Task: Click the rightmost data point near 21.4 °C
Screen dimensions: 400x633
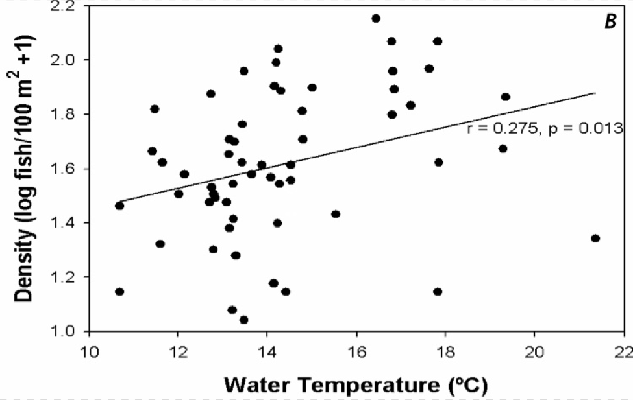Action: pyautogui.click(x=595, y=238)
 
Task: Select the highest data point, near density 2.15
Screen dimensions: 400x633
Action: pyautogui.click(x=376, y=18)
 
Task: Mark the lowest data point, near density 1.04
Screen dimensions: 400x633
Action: pyautogui.click(x=244, y=320)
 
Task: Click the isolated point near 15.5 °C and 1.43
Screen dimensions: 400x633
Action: pyautogui.click(x=336, y=214)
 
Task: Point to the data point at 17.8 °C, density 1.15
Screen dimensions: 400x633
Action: pyautogui.click(x=438, y=292)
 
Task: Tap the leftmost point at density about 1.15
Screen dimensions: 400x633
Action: pyautogui.click(x=119, y=292)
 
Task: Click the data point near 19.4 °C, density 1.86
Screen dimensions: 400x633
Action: pyautogui.click(x=506, y=97)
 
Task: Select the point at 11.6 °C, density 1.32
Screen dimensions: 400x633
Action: pyautogui.click(x=160, y=244)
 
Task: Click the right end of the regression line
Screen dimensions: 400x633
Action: pyautogui.click(x=595, y=92)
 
